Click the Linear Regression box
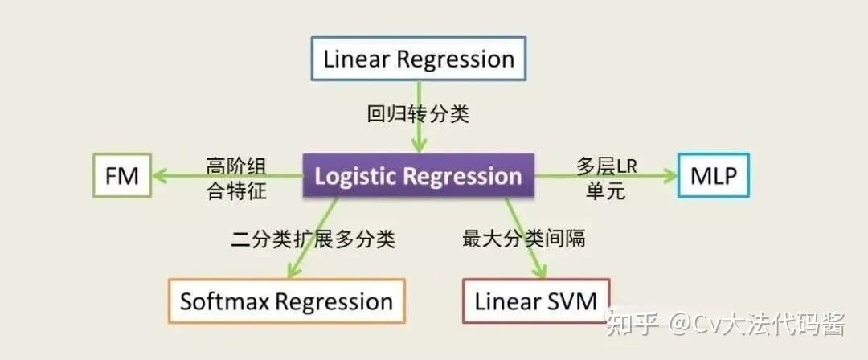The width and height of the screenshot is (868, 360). tap(418, 59)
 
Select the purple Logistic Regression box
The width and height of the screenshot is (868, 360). tap(418, 176)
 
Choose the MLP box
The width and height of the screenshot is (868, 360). tap(713, 175)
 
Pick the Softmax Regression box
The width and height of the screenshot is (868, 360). tap(286, 301)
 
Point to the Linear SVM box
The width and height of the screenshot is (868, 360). tap(536, 301)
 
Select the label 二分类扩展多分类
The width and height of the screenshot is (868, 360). tap(313, 239)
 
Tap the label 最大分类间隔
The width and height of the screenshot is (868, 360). tap(523, 238)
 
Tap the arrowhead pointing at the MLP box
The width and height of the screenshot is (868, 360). tap(670, 176)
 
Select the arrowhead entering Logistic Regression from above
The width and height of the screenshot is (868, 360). tap(418, 145)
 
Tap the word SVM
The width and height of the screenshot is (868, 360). tap(574, 301)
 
